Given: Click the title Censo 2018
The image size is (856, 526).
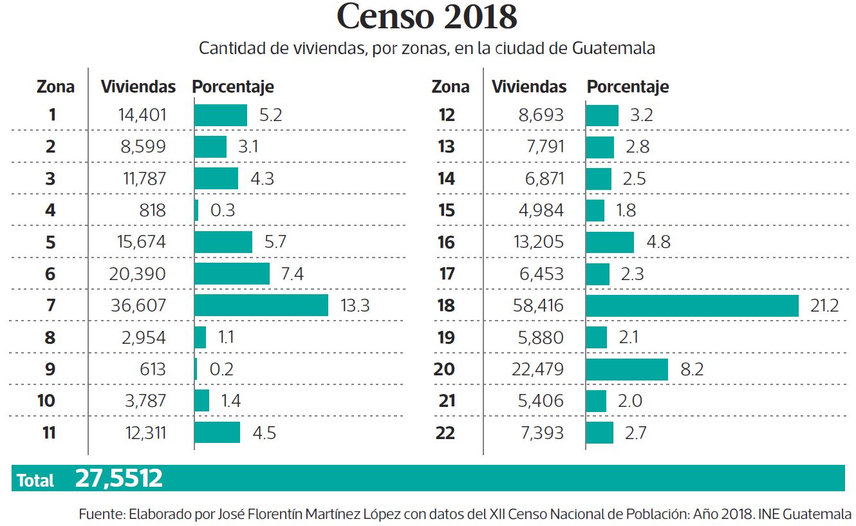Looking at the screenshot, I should [x=427, y=17].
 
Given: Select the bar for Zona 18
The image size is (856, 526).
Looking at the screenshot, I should [x=692, y=306].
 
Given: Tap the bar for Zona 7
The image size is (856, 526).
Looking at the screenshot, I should [x=261, y=306].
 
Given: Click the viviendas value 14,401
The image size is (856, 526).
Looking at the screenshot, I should [x=142, y=115].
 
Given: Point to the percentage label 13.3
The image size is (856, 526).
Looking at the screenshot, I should [x=354, y=306].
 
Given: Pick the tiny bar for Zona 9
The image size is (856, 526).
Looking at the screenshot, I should [x=196, y=369].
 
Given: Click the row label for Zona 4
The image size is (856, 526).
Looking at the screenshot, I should [x=51, y=211].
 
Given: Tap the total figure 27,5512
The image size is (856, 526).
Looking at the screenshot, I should [x=118, y=478].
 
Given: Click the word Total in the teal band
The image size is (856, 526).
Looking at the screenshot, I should [x=35, y=480].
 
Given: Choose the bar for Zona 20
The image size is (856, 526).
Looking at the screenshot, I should [x=627, y=369].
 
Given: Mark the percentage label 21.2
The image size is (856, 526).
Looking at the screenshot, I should [x=824, y=306].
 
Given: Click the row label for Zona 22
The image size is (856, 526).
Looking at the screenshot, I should [x=445, y=433].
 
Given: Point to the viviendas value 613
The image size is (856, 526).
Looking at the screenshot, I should [x=151, y=369].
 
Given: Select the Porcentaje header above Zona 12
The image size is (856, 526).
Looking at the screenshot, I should [x=628, y=87].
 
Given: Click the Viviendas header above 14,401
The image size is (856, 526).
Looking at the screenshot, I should [x=138, y=87].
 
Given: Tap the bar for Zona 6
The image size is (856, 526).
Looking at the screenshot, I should [x=232, y=274].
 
